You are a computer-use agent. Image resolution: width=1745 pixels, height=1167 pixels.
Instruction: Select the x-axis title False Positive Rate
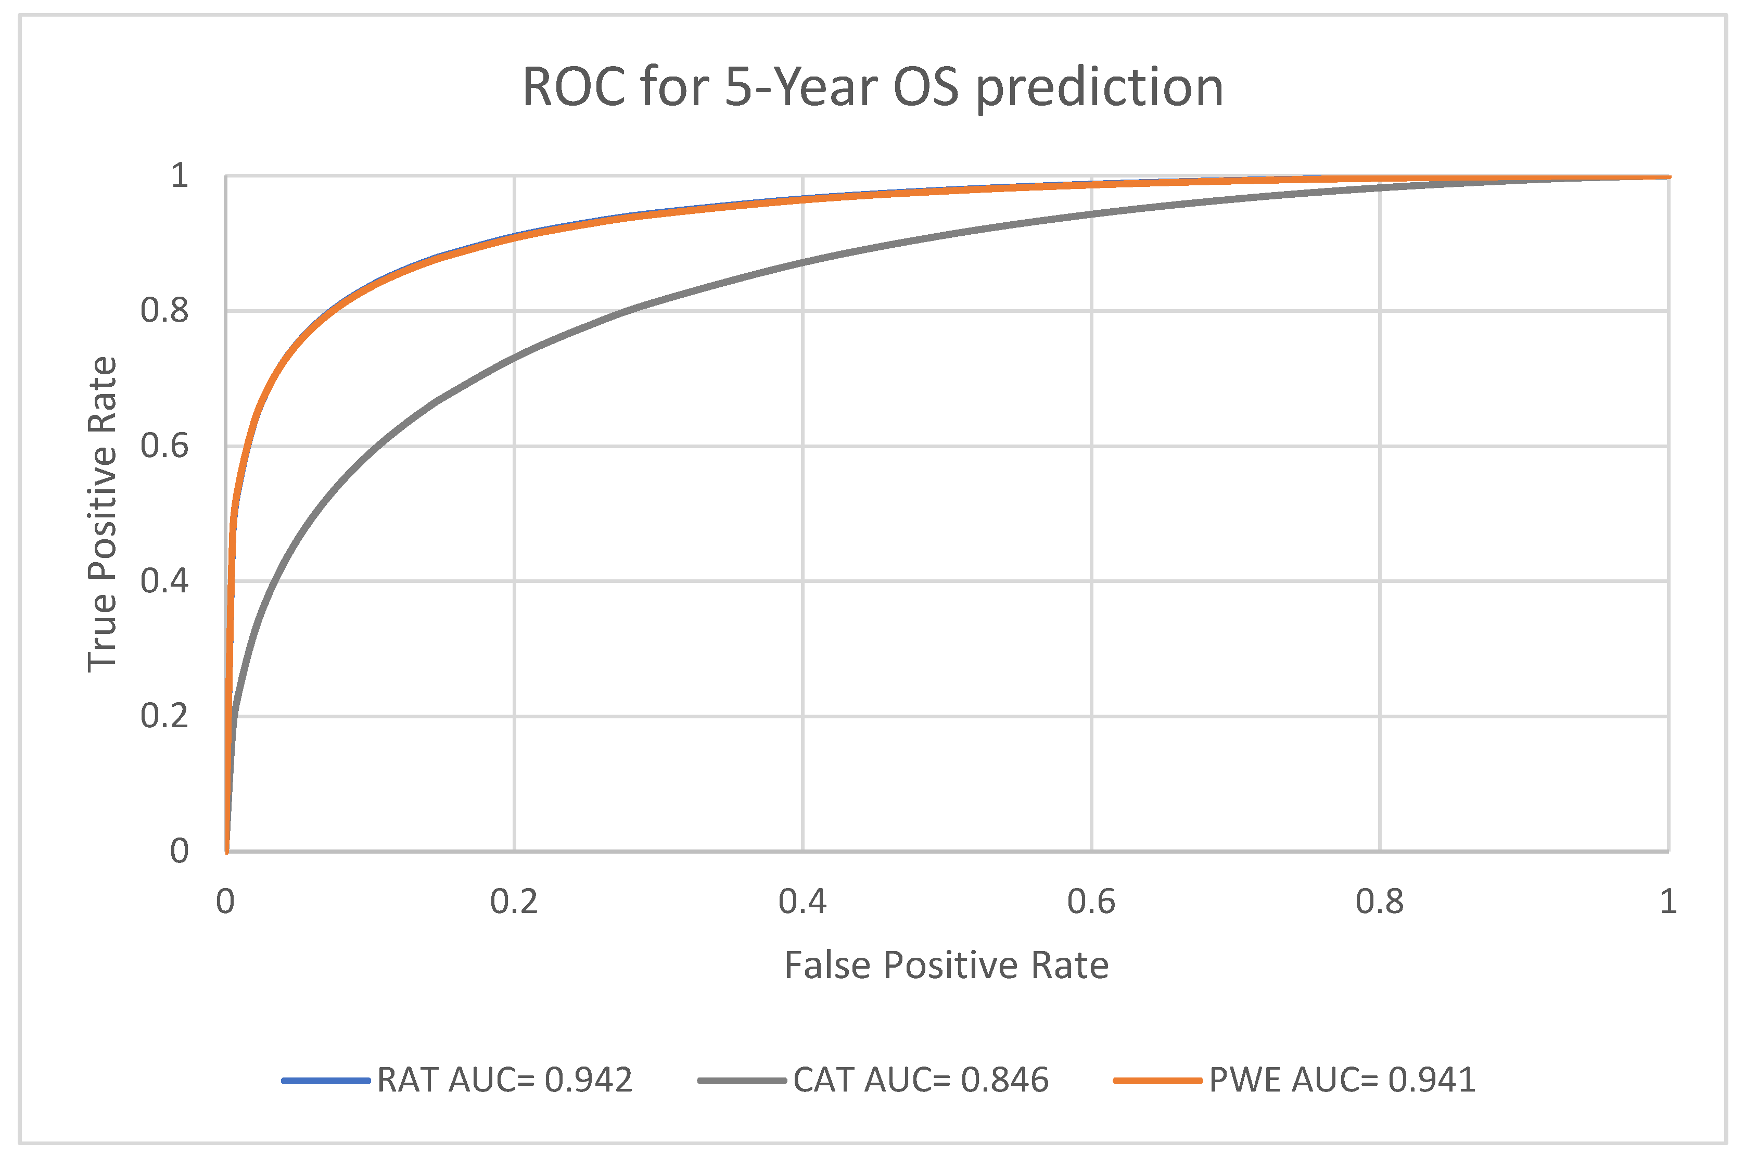coord(947,966)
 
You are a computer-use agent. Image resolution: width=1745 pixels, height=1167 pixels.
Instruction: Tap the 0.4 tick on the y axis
coord(164,581)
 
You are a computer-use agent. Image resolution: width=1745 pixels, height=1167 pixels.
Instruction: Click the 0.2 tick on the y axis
coord(164,716)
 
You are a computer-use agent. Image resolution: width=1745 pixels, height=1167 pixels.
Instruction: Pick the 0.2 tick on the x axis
coord(514,902)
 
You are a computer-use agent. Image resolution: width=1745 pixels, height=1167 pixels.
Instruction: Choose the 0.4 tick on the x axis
coord(802,902)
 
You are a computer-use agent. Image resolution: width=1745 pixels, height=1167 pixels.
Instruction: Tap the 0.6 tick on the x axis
coord(1091,902)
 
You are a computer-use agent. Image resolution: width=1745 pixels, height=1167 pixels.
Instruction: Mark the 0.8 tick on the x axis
coord(1379,902)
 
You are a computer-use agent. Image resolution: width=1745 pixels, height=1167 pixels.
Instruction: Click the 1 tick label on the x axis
coord(1668,902)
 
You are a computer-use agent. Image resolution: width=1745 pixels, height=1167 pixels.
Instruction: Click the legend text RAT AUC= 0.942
coord(504,1080)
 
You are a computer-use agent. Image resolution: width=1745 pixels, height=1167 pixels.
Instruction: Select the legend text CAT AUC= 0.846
coord(921,1080)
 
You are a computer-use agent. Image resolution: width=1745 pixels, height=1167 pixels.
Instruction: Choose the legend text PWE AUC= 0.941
coord(1342,1080)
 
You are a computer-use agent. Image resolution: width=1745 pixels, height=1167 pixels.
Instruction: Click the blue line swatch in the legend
coord(326,1081)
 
